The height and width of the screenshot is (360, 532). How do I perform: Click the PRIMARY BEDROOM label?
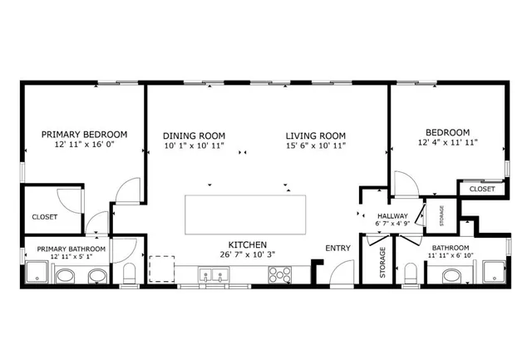[84, 134]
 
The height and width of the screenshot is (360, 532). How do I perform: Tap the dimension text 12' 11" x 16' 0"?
[84, 145]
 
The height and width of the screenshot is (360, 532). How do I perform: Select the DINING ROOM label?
[194, 136]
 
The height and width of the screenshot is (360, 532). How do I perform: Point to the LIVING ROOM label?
[315, 136]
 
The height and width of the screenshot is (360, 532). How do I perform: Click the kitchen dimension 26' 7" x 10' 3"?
[248, 255]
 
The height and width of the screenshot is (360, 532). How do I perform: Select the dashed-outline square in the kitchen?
[161, 269]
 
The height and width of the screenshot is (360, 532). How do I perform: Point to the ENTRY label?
[337, 248]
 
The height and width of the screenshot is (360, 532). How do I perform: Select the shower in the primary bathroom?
[37, 273]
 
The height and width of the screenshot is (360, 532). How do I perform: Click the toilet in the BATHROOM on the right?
[409, 274]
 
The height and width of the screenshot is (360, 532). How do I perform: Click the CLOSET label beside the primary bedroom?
[44, 219]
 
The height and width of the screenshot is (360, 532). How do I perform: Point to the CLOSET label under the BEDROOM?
[481, 189]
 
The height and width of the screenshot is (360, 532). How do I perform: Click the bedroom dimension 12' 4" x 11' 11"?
[447, 144]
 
